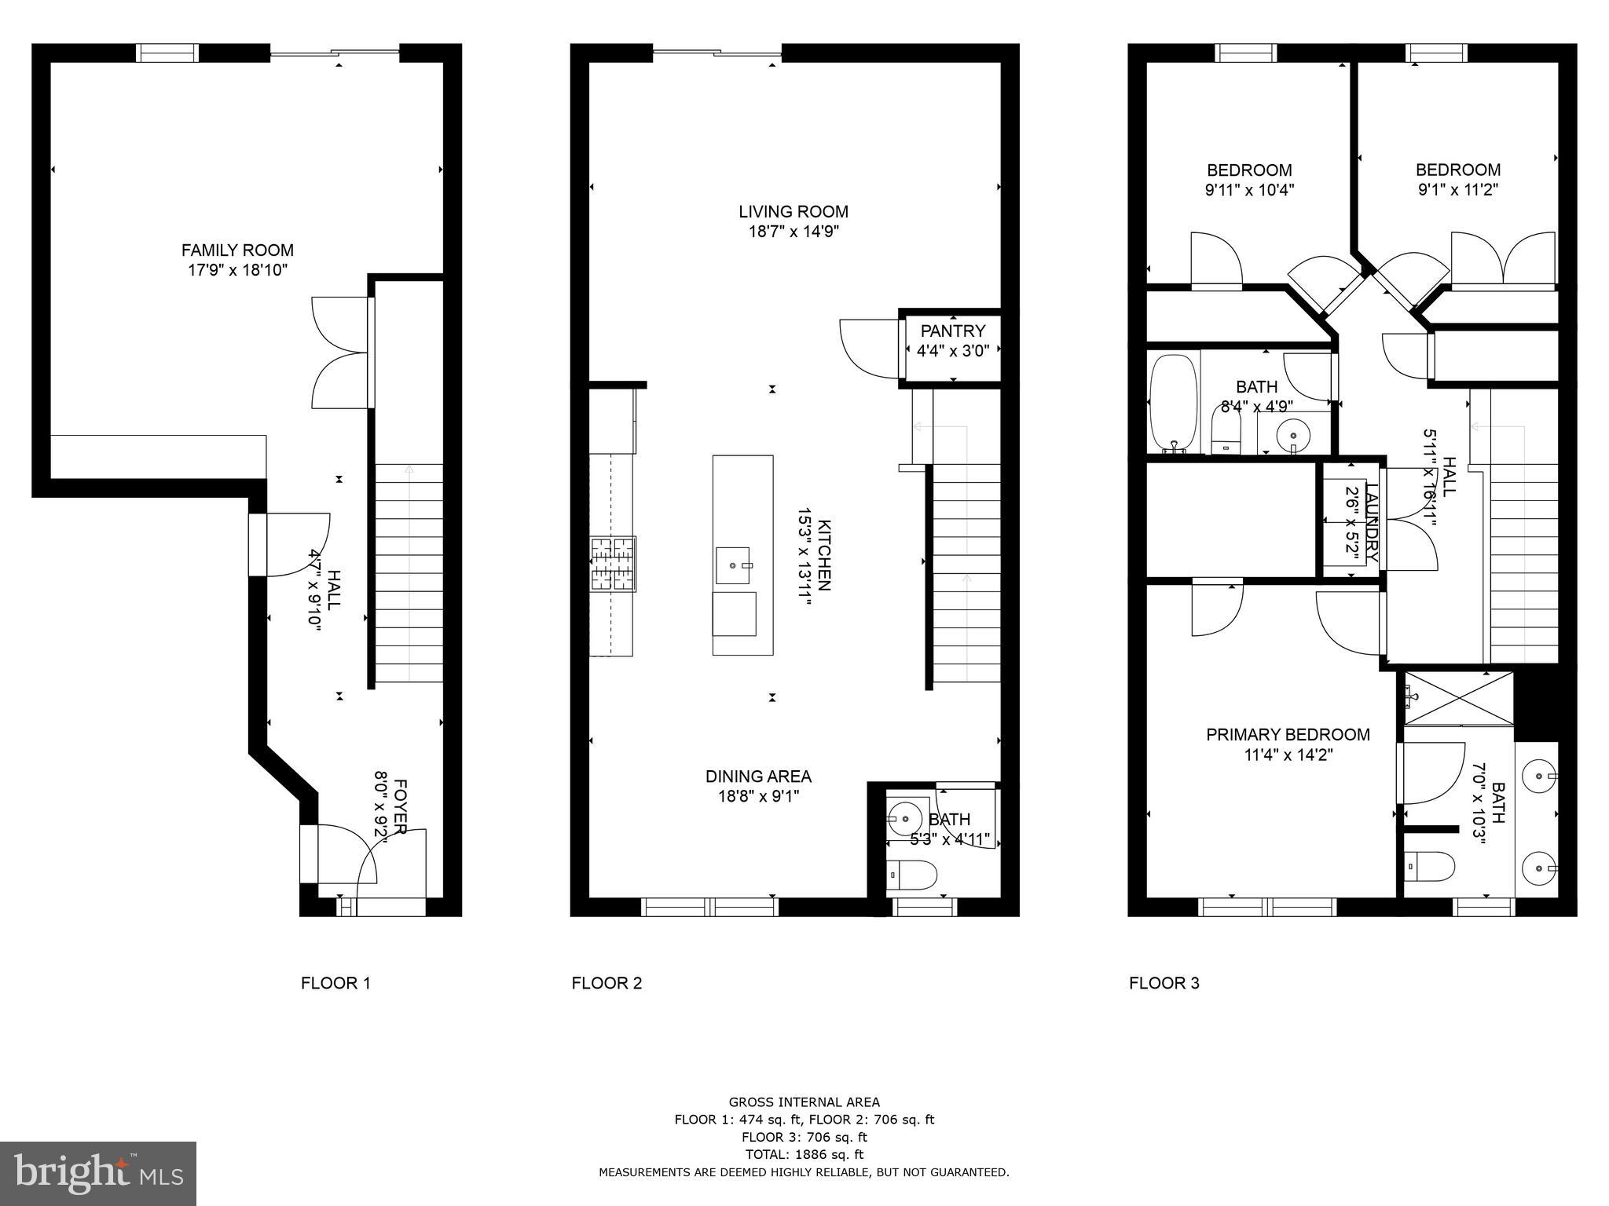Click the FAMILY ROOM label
(x=237, y=250)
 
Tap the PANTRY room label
(x=952, y=331)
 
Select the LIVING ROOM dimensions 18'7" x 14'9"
(x=794, y=232)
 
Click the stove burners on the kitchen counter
(x=613, y=563)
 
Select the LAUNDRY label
(x=1372, y=522)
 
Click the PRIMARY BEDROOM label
(x=1288, y=735)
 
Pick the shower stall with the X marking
(x=1458, y=697)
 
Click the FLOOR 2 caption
(x=607, y=983)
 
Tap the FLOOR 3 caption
(x=1164, y=983)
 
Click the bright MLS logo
(x=98, y=1173)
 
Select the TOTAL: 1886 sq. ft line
(x=804, y=1154)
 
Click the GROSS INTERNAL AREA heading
(x=804, y=1102)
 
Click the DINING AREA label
(x=758, y=777)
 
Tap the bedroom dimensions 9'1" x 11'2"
(x=1457, y=189)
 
